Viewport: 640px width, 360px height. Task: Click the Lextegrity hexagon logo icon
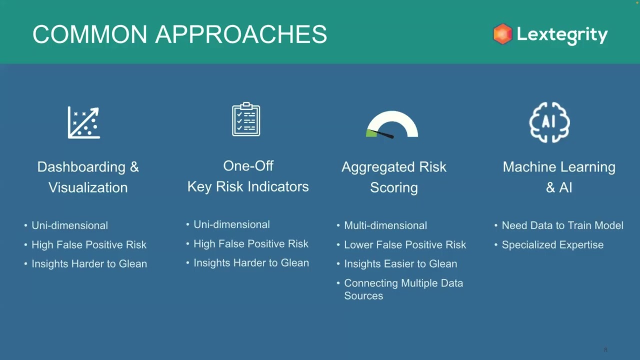[x=502, y=34]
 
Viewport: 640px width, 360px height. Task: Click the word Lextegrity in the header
[x=562, y=34]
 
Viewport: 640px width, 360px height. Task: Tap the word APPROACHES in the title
[x=241, y=35]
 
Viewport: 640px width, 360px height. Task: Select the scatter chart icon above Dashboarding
[x=84, y=122]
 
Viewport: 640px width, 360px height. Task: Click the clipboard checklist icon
[x=246, y=119]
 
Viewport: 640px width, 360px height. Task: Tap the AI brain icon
[x=549, y=122]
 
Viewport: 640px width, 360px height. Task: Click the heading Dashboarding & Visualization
[x=88, y=177]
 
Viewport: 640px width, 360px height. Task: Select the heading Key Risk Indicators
[x=248, y=186]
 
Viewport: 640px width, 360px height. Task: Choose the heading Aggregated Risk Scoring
[x=393, y=177]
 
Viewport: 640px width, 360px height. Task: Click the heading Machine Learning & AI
[x=559, y=177]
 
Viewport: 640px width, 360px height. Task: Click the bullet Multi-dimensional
[x=385, y=225]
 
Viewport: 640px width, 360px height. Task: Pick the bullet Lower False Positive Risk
[x=404, y=244]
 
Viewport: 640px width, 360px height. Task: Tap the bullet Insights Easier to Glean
[x=400, y=263]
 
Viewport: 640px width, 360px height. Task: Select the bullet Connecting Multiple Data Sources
[x=403, y=289]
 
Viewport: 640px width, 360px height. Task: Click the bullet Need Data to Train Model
[x=562, y=225]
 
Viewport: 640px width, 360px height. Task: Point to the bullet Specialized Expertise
[x=552, y=244]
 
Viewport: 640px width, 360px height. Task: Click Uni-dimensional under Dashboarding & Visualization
[x=69, y=225]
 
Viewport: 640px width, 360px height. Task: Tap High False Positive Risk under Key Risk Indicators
[x=250, y=243]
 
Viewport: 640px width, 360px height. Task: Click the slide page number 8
[x=605, y=349]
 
